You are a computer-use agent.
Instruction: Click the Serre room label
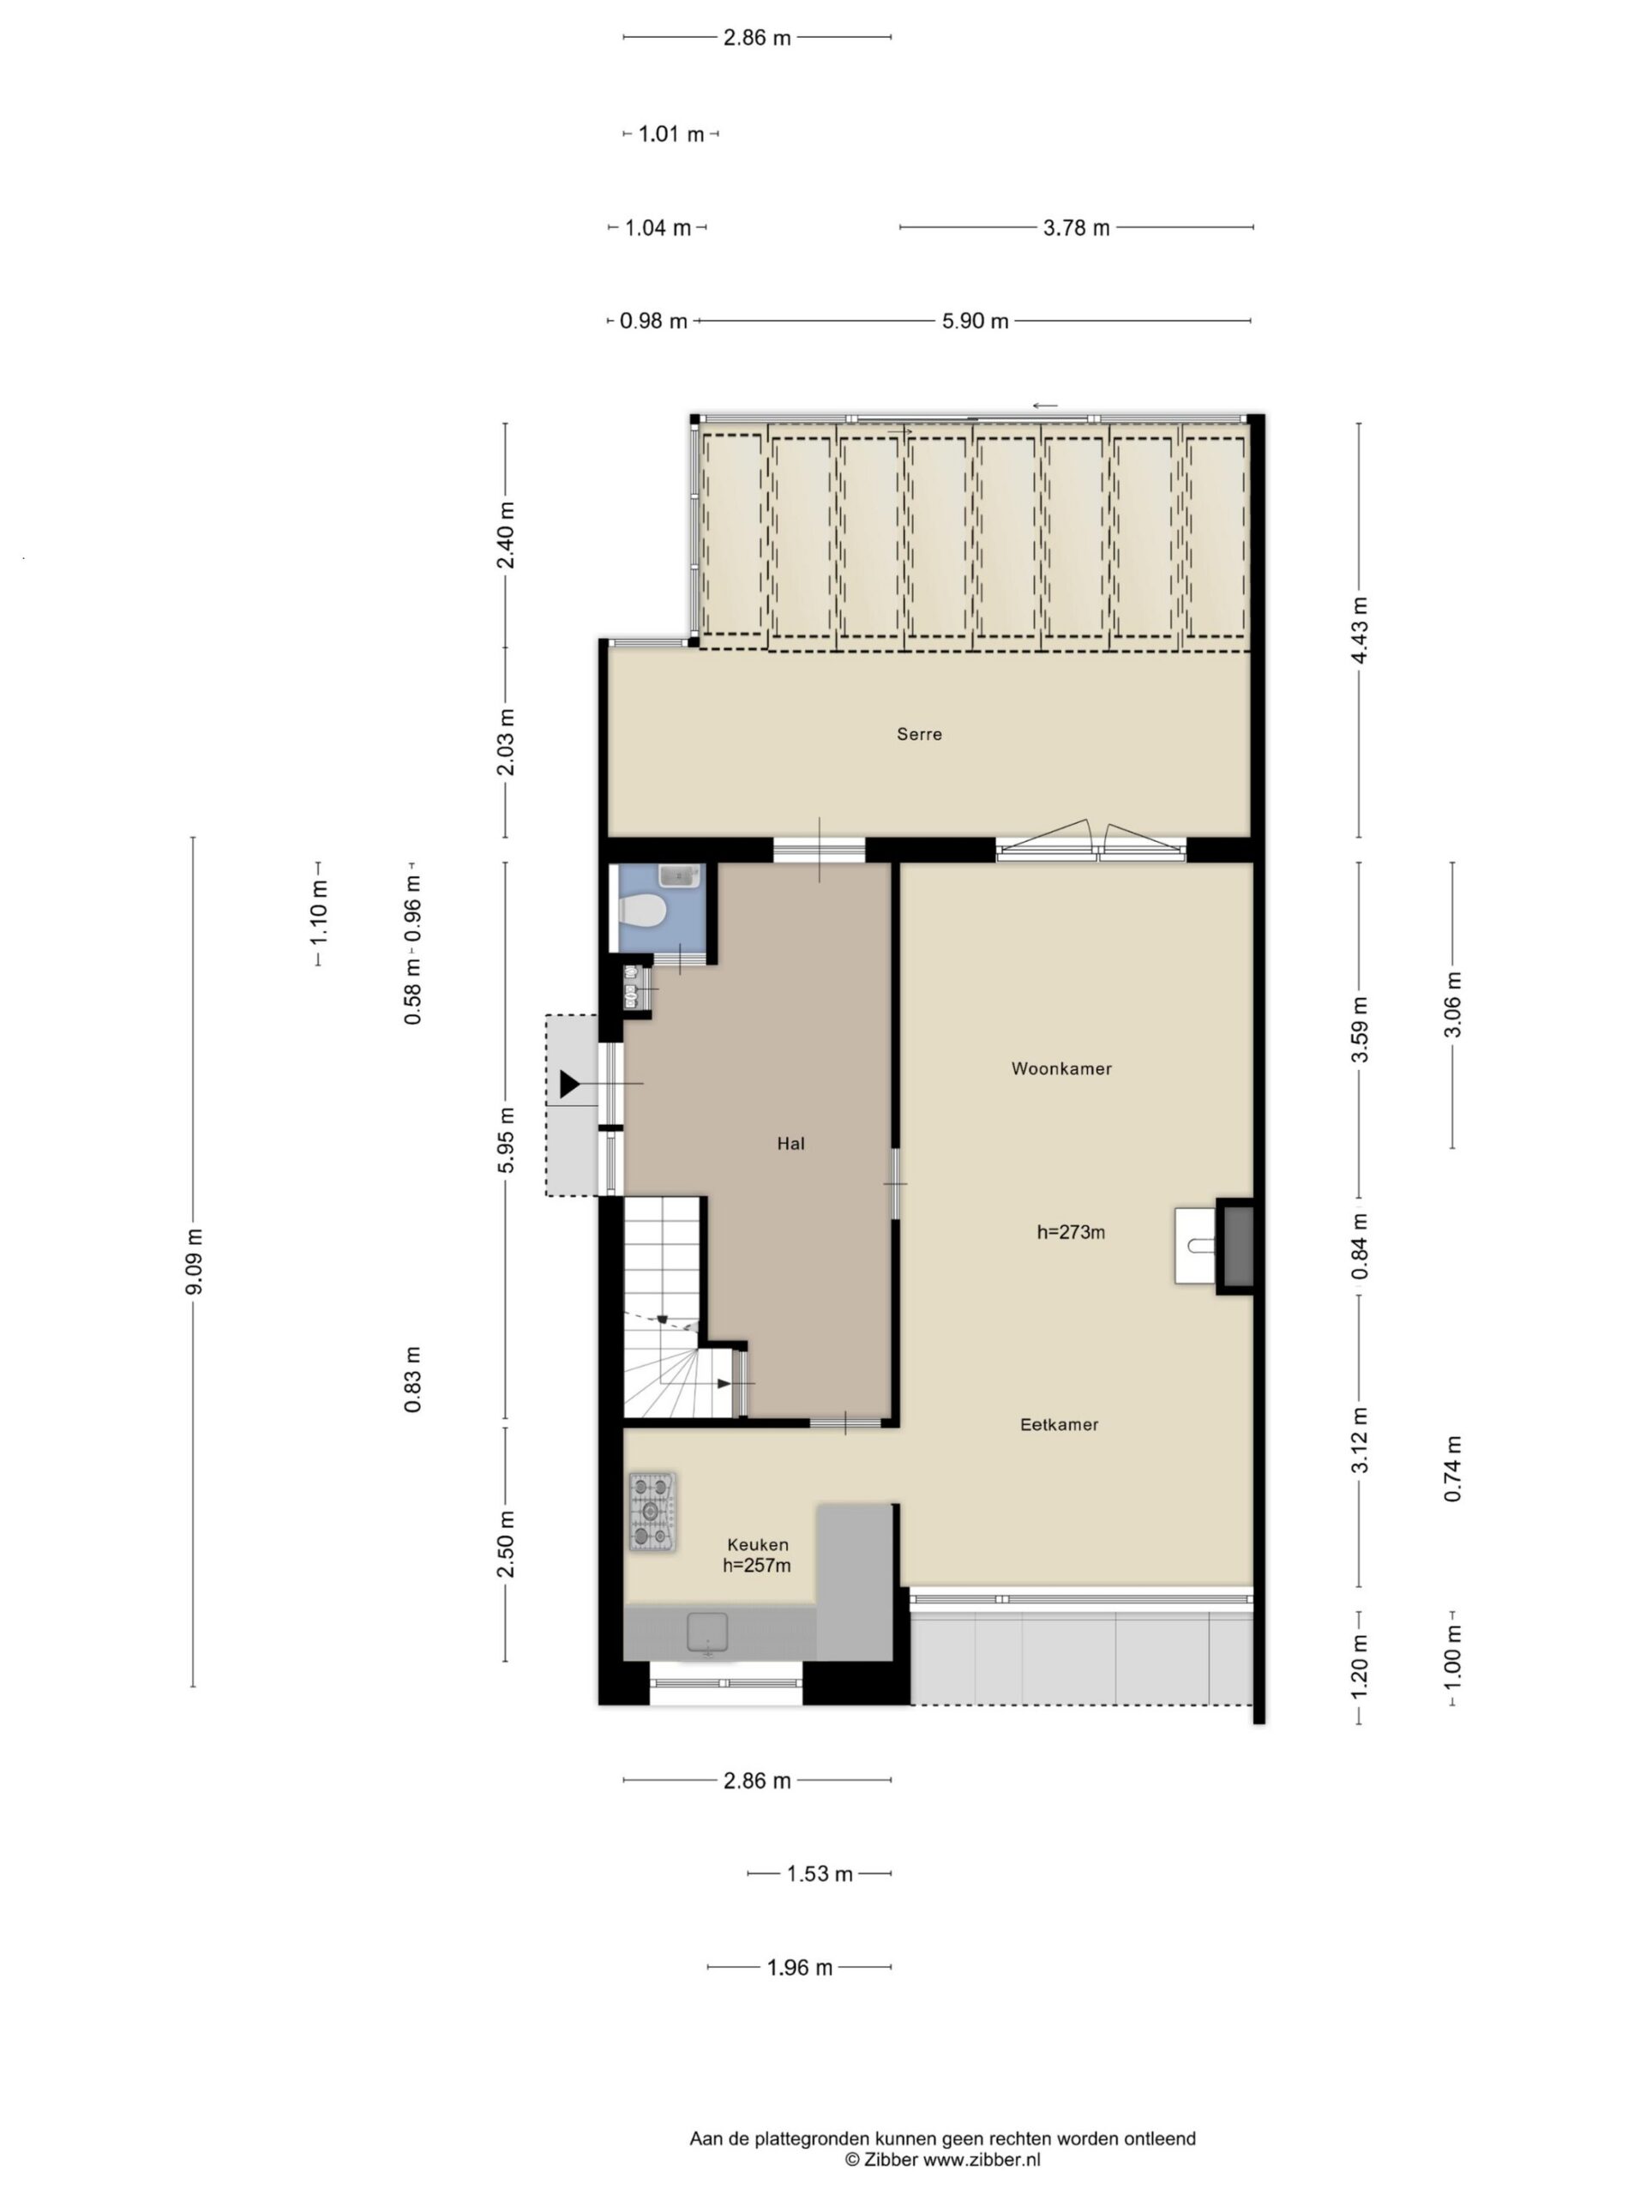pyautogui.click(x=919, y=734)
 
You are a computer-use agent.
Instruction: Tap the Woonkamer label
pyautogui.click(x=1060, y=1068)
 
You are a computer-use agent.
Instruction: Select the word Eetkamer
pyautogui.click(x=1059, y=1424)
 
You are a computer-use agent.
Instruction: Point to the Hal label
pyautogui.click(x=790, y=1143)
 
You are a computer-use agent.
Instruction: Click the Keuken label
pyautogui.click(x=757, y=1544)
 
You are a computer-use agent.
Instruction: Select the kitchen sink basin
pyautogui.click(x=707, y=1633)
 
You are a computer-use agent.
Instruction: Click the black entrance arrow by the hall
pyautogui.click(x=569, y=1084)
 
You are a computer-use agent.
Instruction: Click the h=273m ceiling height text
pyautogui.click(x=1071, y=1232)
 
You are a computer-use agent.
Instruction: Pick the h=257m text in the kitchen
pyautogui.click(x=756, y=1566)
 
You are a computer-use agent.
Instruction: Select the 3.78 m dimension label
pyautogui.click(x=1076, y=228)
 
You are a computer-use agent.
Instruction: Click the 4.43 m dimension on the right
pyautogui.click(x=1360, y=631)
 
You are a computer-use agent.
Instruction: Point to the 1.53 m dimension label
pyautogui.click(x=820, y=1873)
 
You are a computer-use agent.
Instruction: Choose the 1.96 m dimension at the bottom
pyautogui.click(x=800, y=1967)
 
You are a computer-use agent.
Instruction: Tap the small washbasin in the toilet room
pyautogui.click(x=680, y=876)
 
